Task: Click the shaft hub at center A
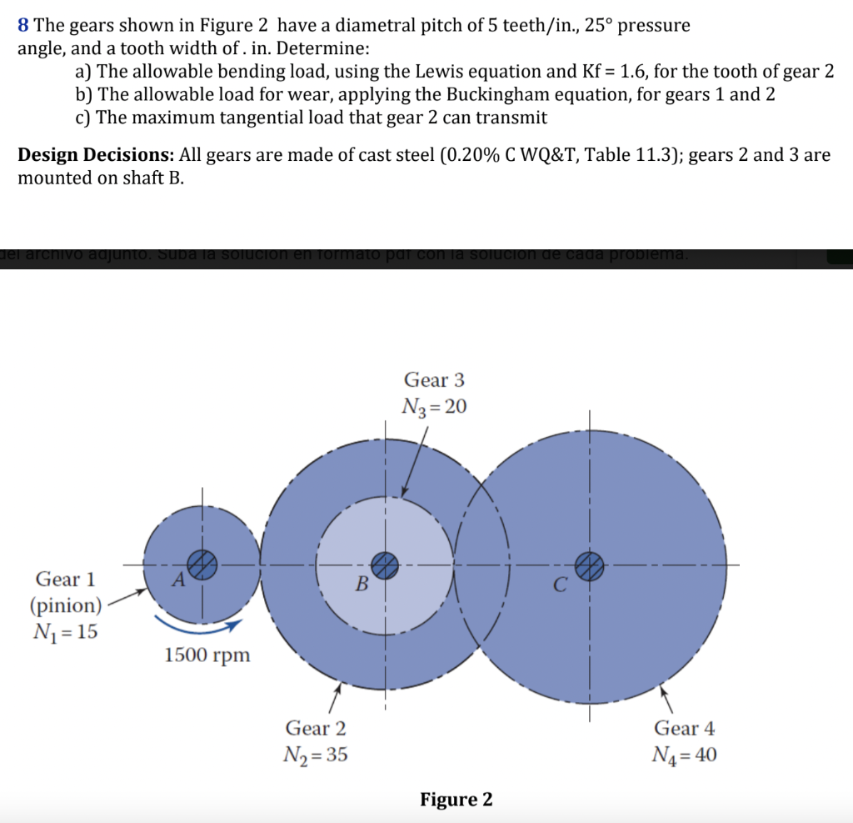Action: pyautogui.click(x=201, y=564)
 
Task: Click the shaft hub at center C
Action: pyautogui.click(x=589, y=565)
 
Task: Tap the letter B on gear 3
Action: pyautogui.click(x=362, y=584)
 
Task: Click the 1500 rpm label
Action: pyautogui.click(x=207, y=655)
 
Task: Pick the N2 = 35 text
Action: pyautogui.click(x=317, y=755)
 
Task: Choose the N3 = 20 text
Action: pyautogui.click(x=434, y=407)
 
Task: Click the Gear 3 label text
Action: pyautogui.click(x=434, y=380)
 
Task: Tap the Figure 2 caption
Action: pyautogui.click(x=456, y=800)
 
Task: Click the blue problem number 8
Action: pyautogui.click(x=23, y=25)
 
